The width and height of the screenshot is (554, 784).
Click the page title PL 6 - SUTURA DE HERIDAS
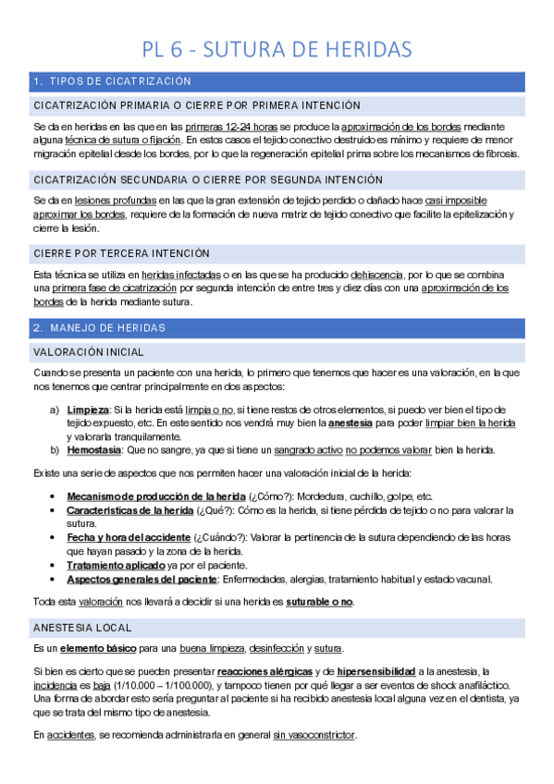click(x=277, y=48)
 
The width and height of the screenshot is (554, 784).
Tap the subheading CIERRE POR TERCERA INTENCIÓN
click(x=121, y=253)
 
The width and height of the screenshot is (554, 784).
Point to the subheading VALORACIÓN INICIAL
click(x=88, y=352)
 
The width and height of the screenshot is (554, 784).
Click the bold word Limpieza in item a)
click(x=88, y=409)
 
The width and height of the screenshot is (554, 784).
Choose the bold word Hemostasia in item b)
click(x=94, y=450)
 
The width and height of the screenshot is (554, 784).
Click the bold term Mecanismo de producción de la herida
click(x=155, y=496)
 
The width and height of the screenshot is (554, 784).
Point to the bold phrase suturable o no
click(x=319, y=602)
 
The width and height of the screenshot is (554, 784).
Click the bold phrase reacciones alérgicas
click(x=264, y=670)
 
